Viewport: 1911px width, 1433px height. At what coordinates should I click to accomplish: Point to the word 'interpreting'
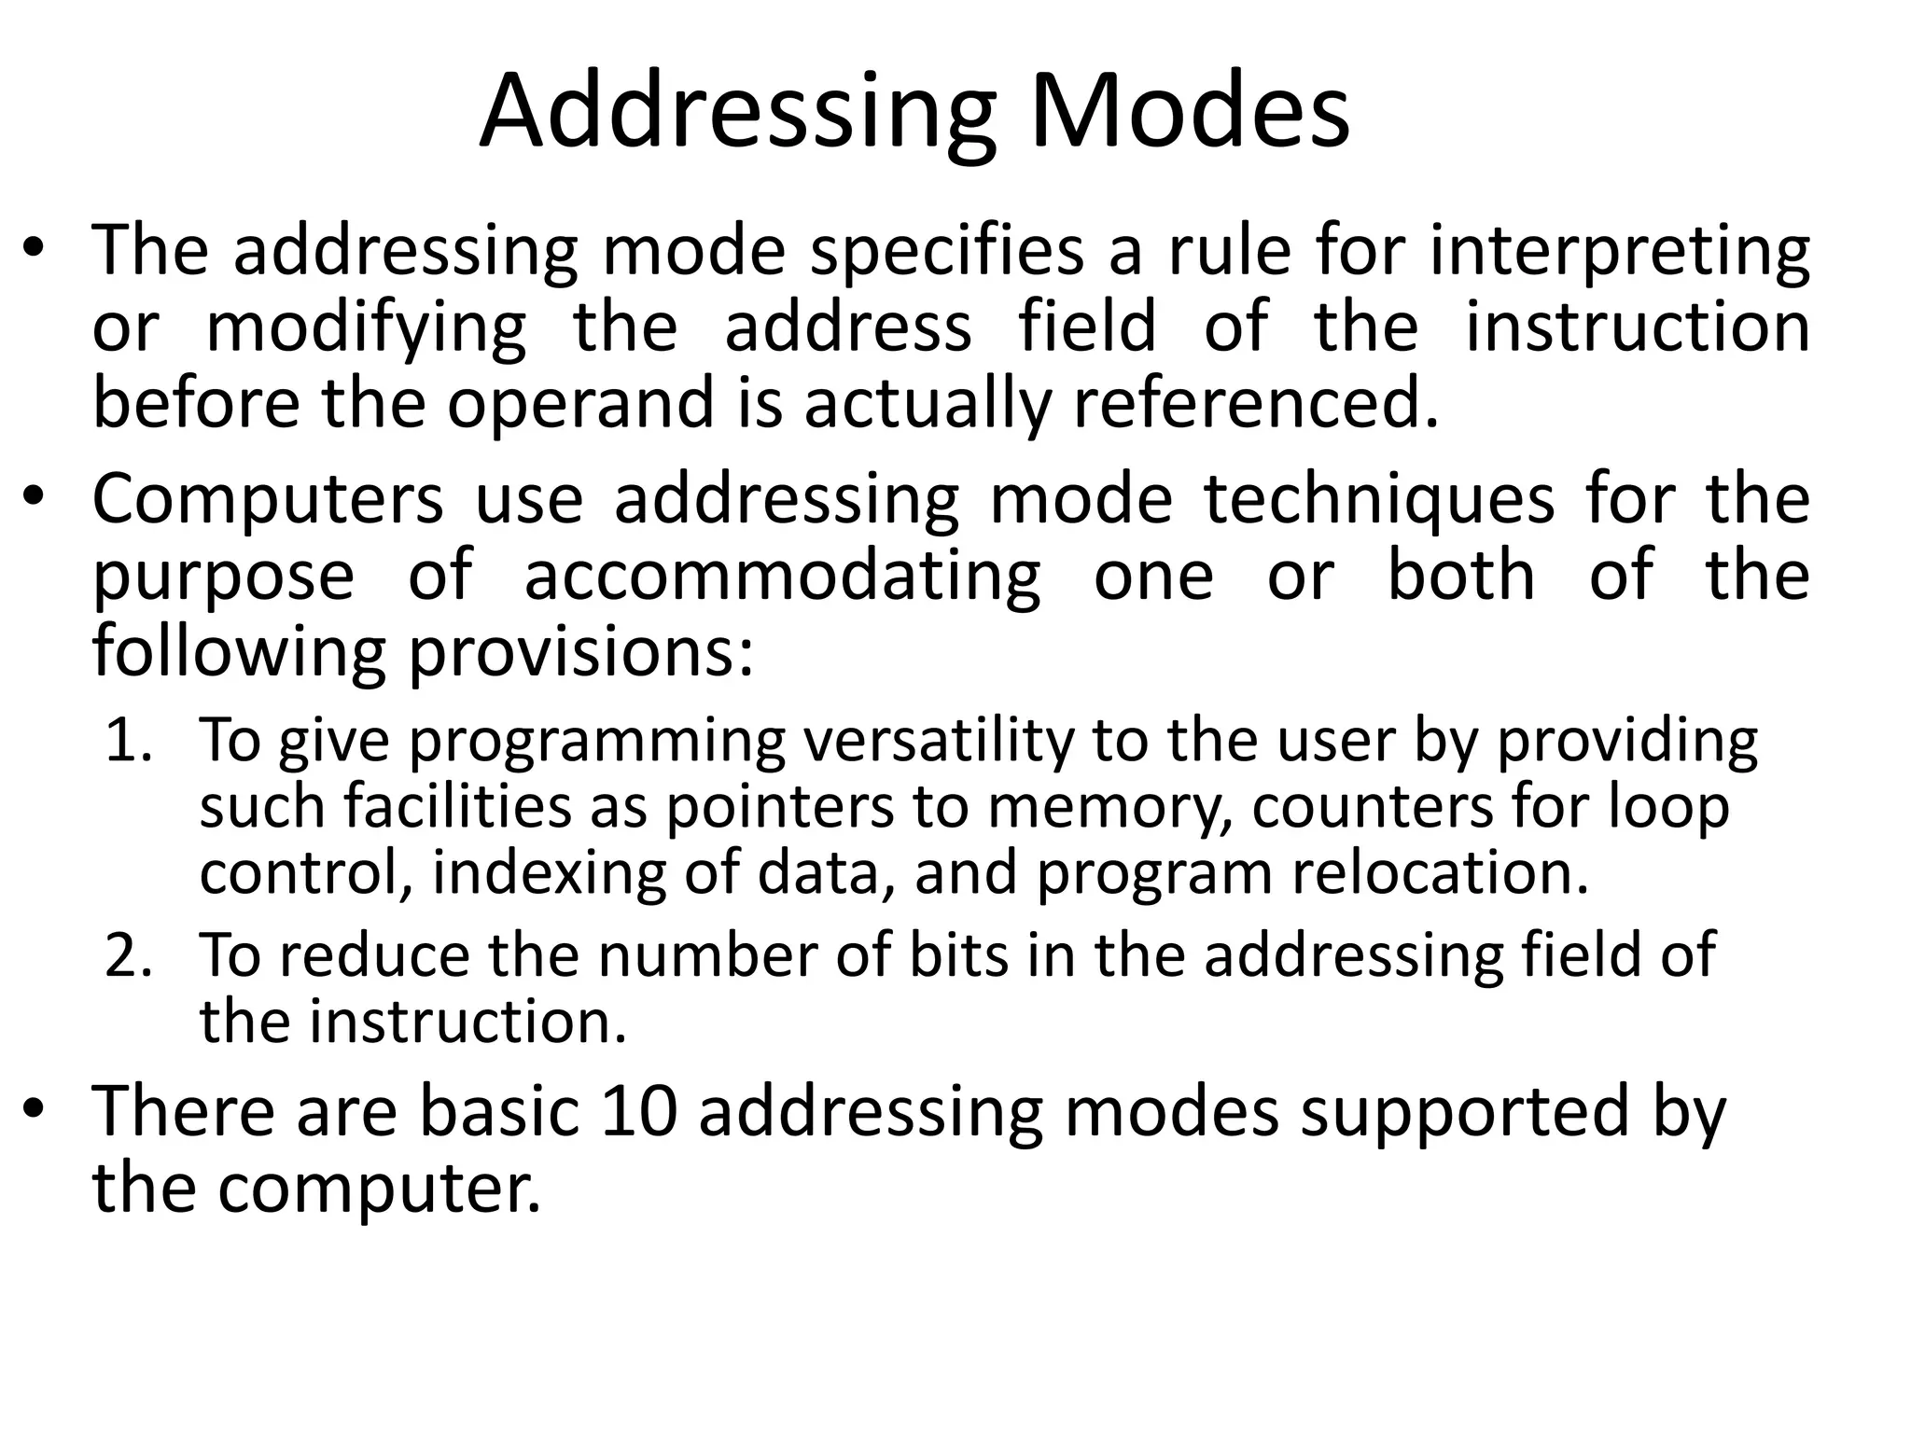(1619, 254)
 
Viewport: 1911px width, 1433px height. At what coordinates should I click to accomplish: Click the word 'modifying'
(366, 329)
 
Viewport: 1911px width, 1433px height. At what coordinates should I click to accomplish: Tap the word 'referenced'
(1256, 403)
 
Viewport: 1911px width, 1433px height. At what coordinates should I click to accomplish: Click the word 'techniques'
(1379, 501)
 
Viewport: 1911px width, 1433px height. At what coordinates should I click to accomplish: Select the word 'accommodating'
(782, 577)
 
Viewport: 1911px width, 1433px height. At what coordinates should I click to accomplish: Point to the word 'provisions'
(581, 654)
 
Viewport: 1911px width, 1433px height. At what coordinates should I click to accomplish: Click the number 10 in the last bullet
(639, 1112)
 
